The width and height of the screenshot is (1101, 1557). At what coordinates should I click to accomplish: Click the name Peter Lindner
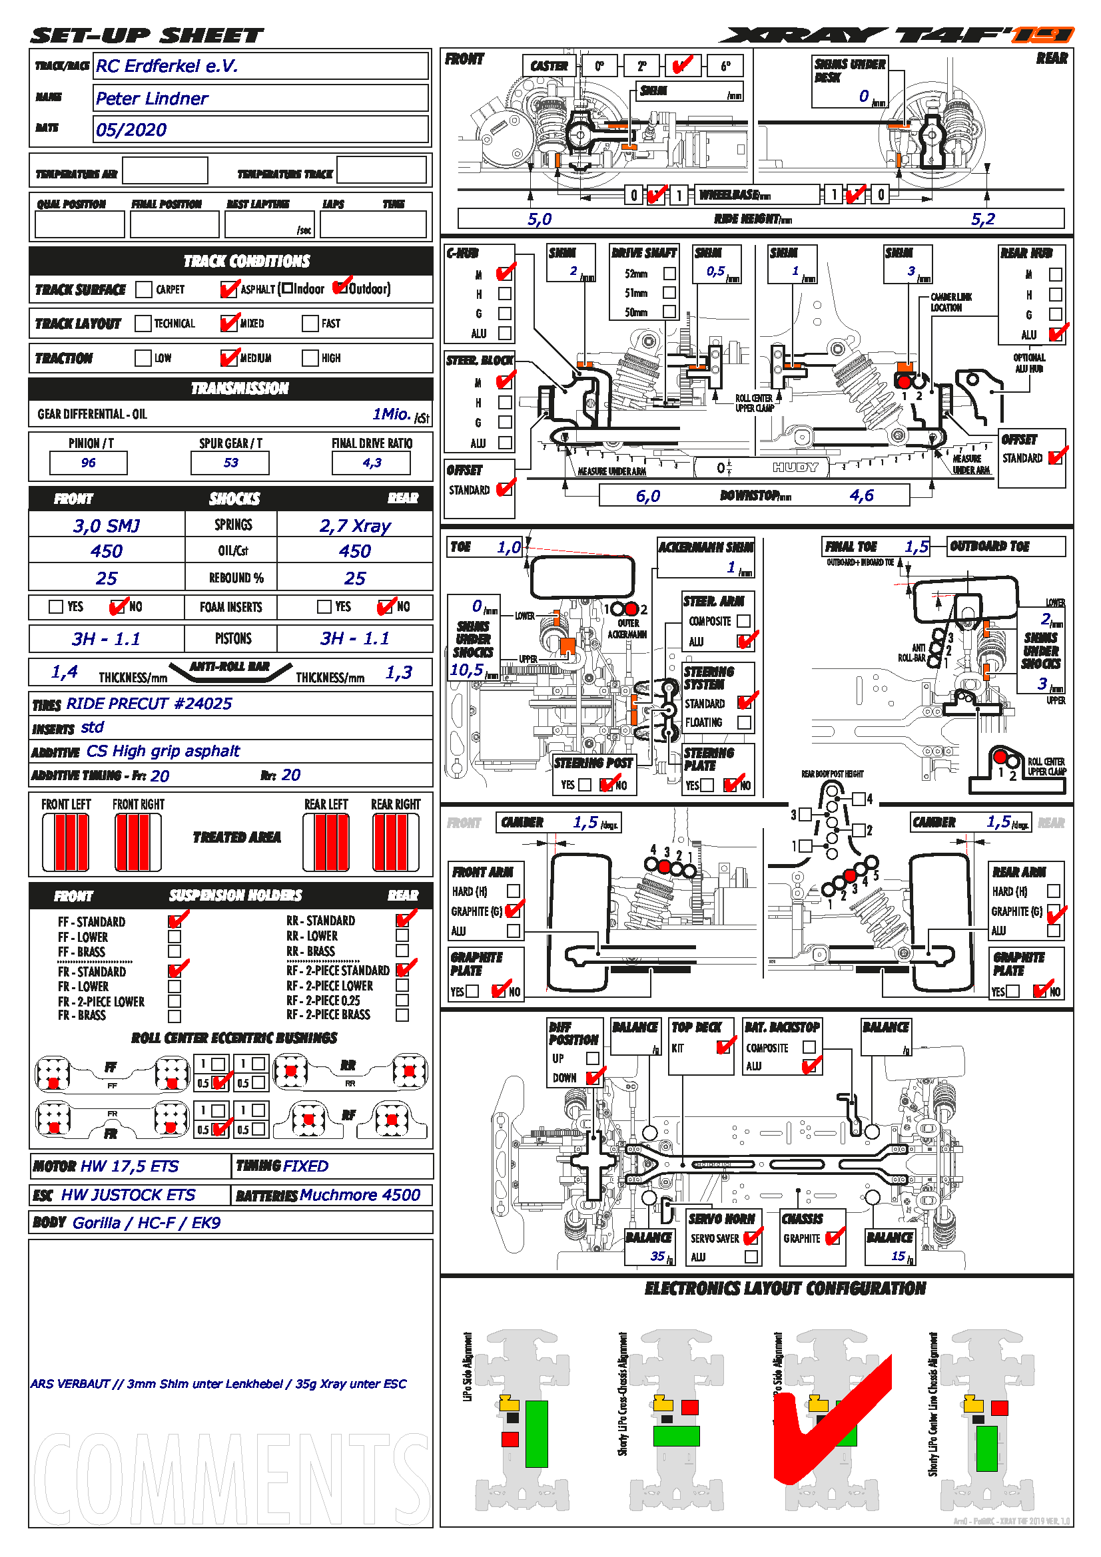click(151, 99)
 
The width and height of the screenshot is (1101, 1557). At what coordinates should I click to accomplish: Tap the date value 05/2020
click(131, 130)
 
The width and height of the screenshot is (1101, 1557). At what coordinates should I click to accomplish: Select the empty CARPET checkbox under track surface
click(143, 290)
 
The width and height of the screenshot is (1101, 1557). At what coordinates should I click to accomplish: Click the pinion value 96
click(88, 463)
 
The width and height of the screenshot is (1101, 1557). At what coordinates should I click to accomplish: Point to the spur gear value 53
click(230, 463)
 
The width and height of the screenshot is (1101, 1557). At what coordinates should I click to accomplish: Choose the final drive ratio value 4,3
click(372, 463)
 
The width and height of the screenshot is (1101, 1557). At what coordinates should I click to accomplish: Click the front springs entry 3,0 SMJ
click(107, 526)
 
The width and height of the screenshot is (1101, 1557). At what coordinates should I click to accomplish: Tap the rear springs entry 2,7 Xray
click(355, 526)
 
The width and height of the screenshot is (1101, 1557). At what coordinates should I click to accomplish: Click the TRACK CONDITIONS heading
click(246, 261)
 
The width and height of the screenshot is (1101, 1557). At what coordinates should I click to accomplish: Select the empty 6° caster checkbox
click(725, 66)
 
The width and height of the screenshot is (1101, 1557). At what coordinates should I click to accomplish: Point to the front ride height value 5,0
click(540, 219)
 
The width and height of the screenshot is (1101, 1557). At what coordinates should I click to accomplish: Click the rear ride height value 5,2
click(983, 219)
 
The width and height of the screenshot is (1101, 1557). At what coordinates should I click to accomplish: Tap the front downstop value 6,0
click(648, 497)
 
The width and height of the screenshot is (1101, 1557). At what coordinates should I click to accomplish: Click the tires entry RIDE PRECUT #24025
click(149, 704)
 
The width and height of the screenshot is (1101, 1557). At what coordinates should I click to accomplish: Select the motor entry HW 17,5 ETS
click(129, 1166)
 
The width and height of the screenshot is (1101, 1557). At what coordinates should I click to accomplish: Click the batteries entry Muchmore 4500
click(360, 1195)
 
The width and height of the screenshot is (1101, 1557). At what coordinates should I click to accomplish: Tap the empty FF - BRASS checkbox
click(175, 951)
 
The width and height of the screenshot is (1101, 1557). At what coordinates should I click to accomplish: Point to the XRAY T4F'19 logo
click(895, 35)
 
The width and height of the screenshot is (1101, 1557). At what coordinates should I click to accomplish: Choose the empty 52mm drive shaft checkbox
click(669, 274)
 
